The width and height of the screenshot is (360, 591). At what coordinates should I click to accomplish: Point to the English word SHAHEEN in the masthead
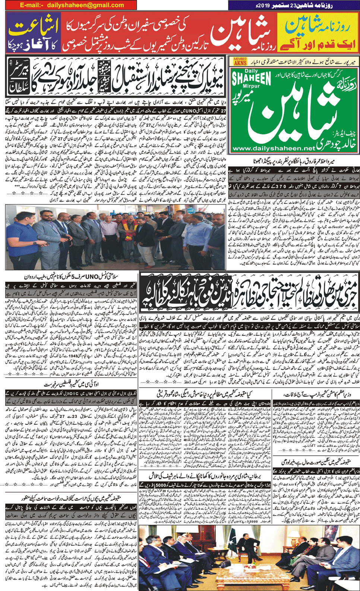[x=252, y=79]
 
